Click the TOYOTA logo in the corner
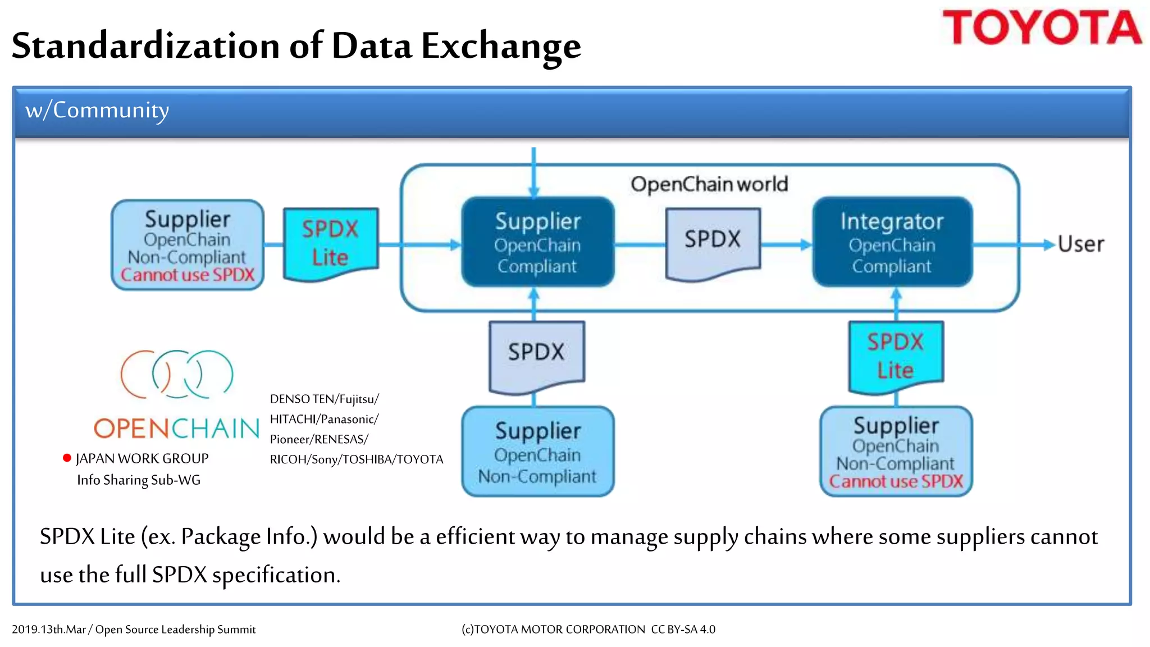click(1042, 28)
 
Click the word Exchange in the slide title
click(500, 46)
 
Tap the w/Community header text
click(97, 110)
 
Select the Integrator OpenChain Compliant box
click(892, 242)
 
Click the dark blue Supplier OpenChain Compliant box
click(537, 242)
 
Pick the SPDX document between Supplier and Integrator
click(713, 242)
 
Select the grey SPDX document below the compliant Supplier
click(536, 354)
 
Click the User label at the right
click(1080, 244)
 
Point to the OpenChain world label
click(709, 184)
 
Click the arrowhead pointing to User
click(1048, 244)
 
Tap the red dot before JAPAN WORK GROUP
click(67, 458)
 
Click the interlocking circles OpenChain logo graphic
click(176, 374)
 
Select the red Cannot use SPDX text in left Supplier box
click(188, 275)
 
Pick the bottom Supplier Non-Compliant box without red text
click(537, 452)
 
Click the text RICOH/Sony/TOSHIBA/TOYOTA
click(356, 459)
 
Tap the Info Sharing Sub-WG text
click(138, 480)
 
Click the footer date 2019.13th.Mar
click(49, 630)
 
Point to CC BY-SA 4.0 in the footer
click(683, 630)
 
